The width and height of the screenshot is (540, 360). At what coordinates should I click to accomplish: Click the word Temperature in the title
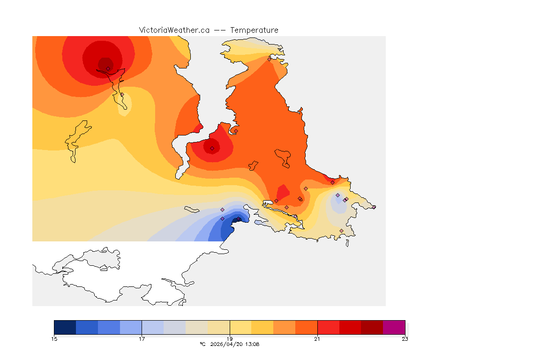[x=255, y=30]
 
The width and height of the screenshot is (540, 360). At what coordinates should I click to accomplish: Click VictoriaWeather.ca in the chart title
[x=174, y=30]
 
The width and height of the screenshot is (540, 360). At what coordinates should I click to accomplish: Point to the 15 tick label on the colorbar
[x=54, y=339]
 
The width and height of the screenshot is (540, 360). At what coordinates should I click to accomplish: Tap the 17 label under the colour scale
[x=142, y=339]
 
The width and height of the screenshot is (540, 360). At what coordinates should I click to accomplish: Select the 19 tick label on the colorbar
[x=230, y=339]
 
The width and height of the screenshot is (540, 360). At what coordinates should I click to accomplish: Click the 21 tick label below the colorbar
[x=317, y=339]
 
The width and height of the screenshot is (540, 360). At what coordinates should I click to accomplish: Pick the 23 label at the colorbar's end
[x=405, y=339]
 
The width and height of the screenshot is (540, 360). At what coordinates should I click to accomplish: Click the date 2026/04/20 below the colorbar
[x=226, y=345]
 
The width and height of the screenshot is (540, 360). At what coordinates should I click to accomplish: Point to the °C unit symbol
[x=202, y=345]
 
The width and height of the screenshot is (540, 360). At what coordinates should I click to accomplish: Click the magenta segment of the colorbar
[x=394, y=327]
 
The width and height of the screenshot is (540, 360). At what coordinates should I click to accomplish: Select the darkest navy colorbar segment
[x=65, y=327]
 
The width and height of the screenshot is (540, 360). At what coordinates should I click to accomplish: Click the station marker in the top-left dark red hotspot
[x=108, y=68]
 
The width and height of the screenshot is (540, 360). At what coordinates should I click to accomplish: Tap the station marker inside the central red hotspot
[x=212, y=148]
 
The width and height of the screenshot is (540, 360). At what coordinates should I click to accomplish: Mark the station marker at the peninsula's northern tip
[x=269, y=59]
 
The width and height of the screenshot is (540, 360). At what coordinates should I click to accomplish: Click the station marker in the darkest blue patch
[x=238, y=219]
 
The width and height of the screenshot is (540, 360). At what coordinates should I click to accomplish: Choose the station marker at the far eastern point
[x=374, y=207]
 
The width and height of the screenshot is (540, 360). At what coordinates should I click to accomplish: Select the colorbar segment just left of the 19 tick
[x=218, y=327]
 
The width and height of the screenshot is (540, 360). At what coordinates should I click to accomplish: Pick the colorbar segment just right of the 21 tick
[x=328, y=327]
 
